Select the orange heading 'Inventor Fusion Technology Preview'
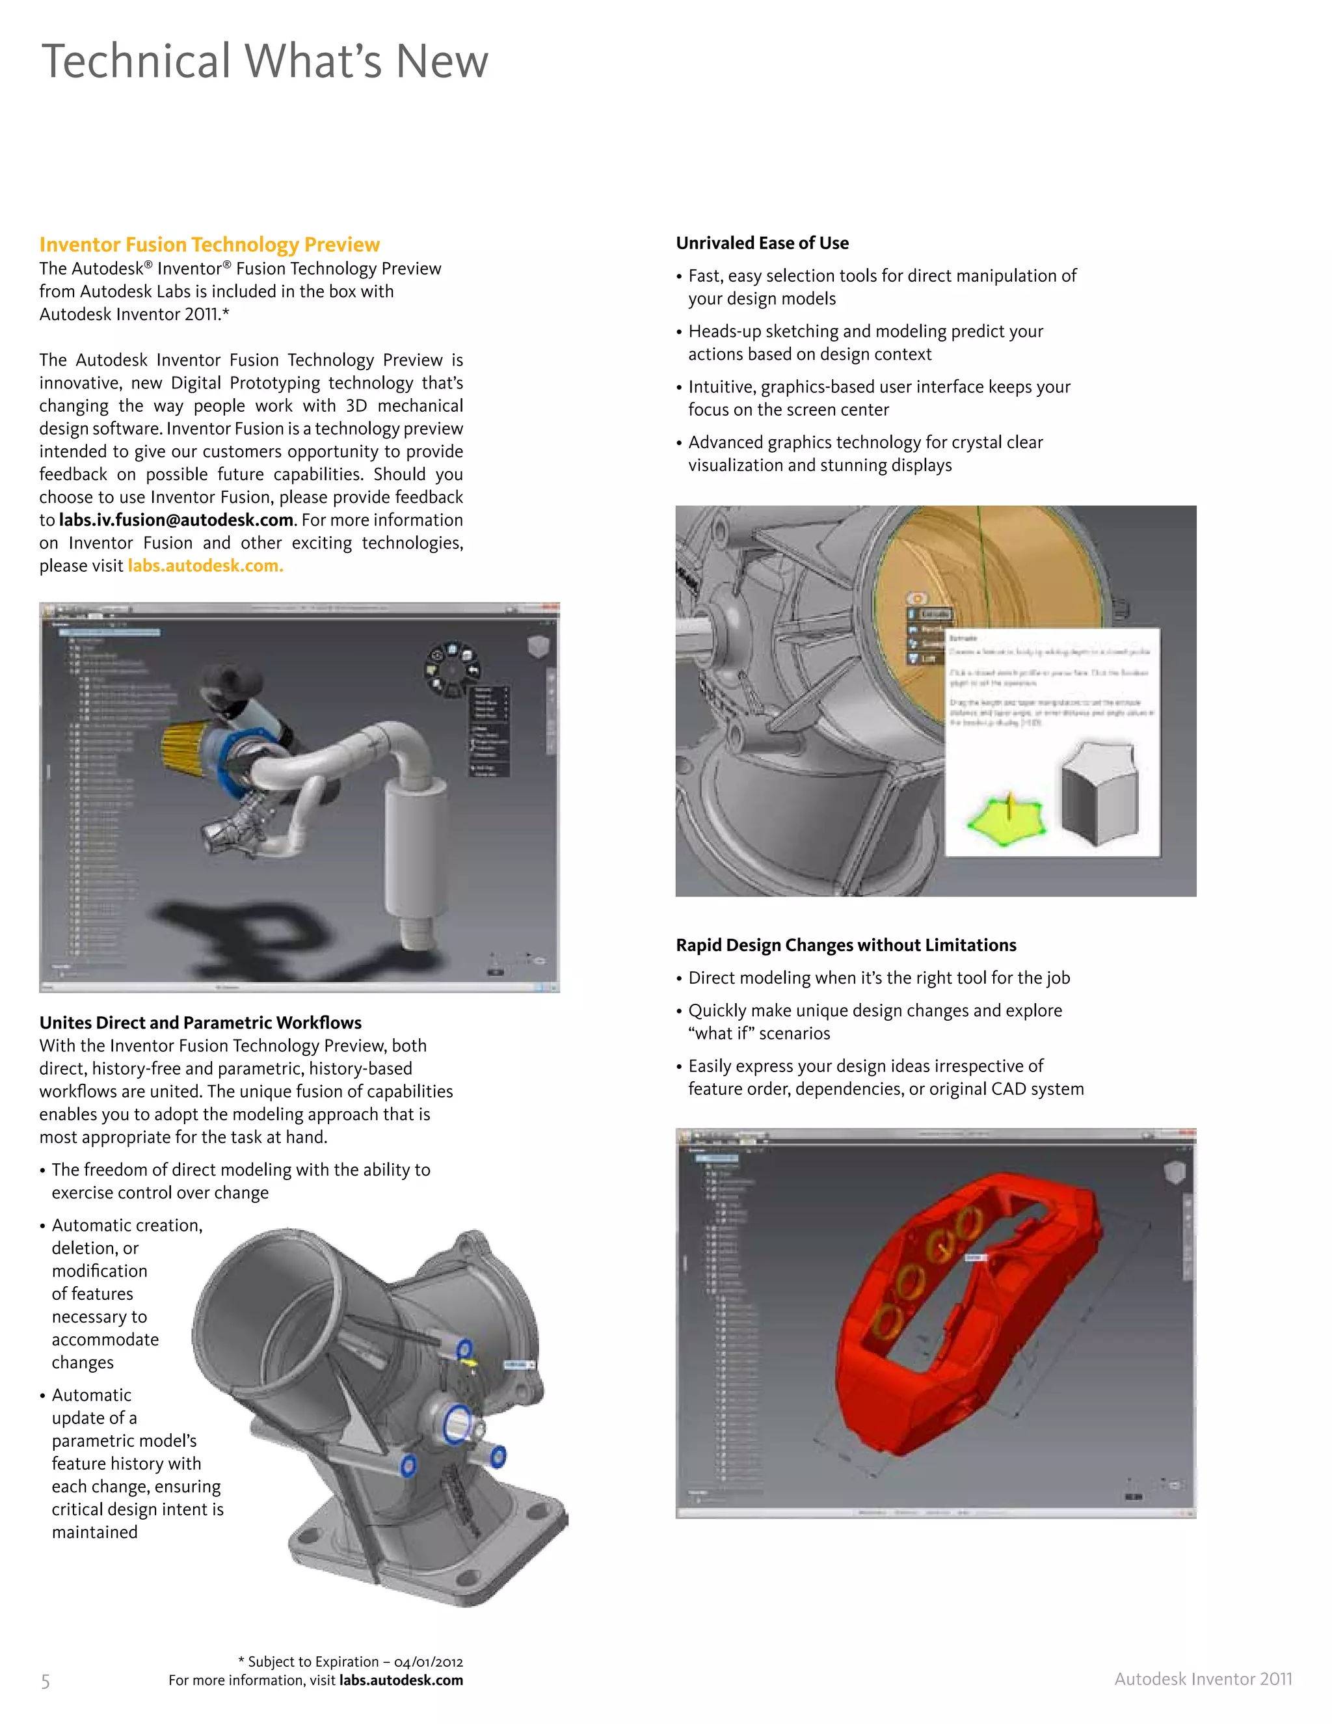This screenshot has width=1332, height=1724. (209, 244)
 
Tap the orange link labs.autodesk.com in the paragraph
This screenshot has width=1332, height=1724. (205, 566)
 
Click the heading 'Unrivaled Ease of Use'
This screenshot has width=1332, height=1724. (762, 243)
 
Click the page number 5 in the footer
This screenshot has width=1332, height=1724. (45, 1681)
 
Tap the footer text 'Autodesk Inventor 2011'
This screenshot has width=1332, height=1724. (1203, 1679)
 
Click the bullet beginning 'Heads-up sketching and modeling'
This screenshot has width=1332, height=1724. (865, 343)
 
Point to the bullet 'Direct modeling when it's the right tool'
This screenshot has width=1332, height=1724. (878, 978)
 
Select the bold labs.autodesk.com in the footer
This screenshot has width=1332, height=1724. (401, 1680)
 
